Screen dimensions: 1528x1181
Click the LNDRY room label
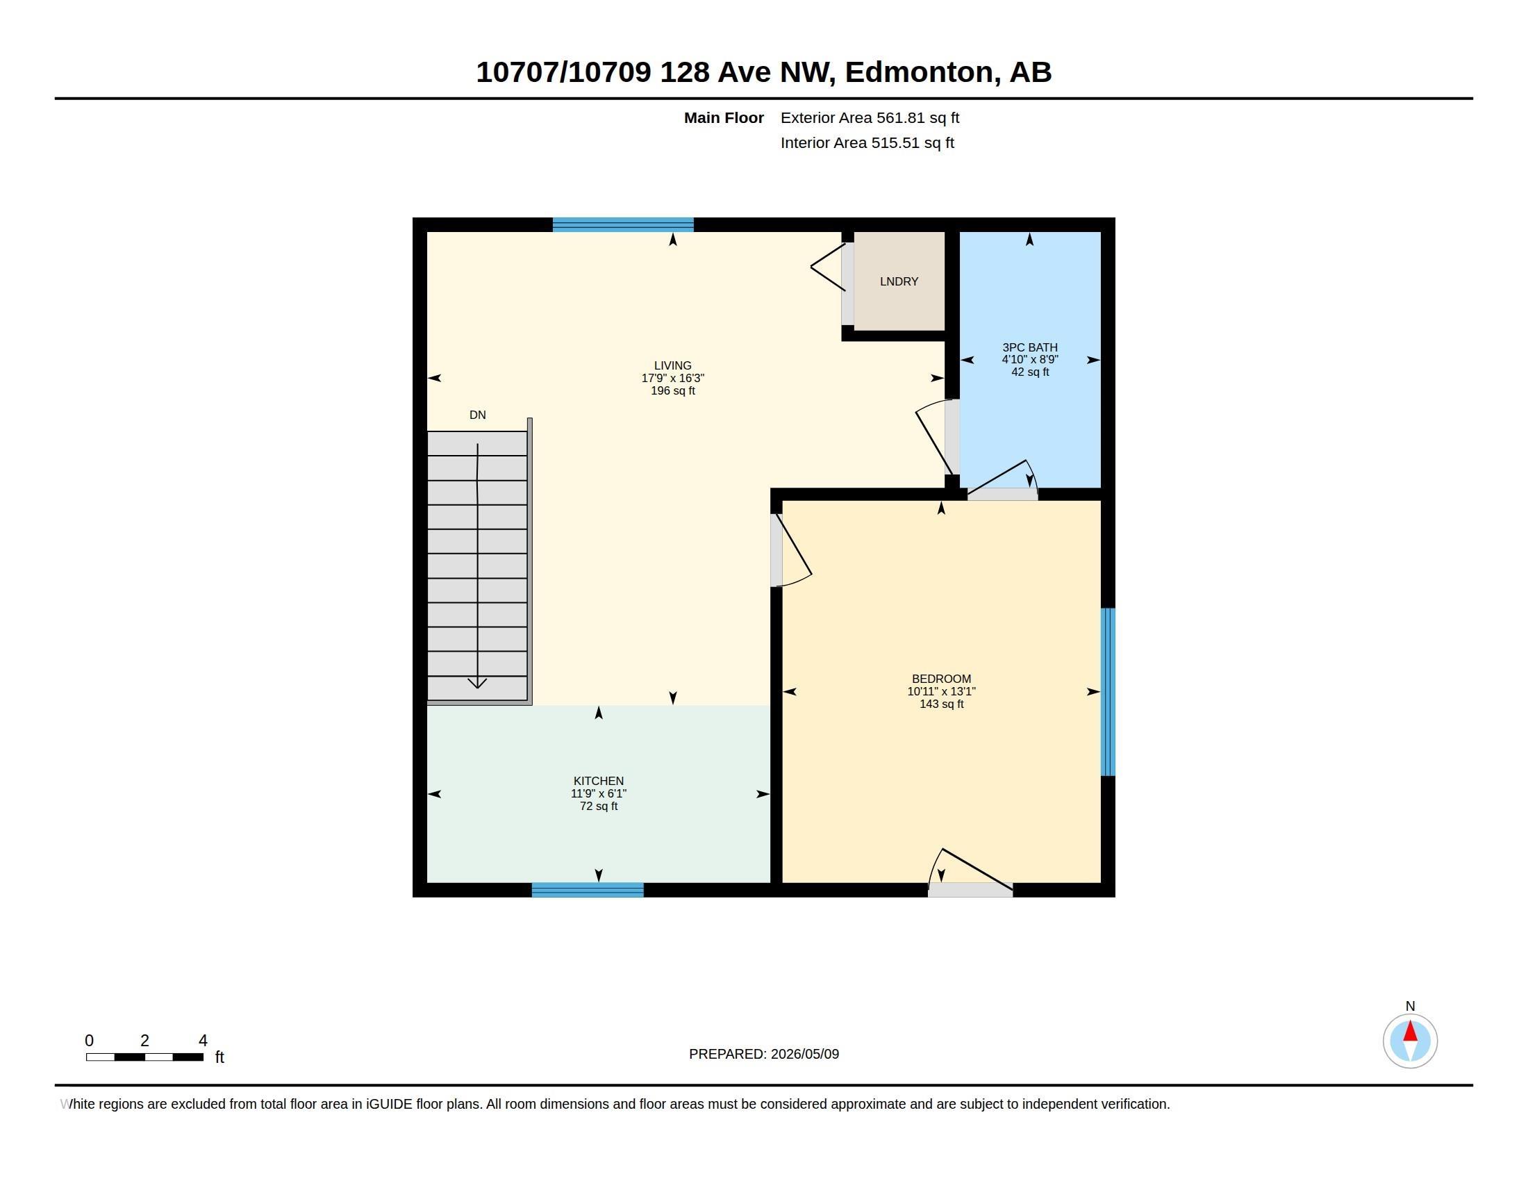(x=899, y=281)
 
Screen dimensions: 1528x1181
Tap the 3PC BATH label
(x=1030, y=347)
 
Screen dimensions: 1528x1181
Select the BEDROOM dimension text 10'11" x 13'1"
(x=941, y=691)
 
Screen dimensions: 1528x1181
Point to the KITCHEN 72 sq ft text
(x=599, y=806)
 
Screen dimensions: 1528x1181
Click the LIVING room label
(x=672, y=365)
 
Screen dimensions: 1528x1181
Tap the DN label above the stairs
(x=478, y=415)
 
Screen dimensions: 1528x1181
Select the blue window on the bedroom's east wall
(x=1108, y=692)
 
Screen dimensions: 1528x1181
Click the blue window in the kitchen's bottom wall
(x=588, y=890)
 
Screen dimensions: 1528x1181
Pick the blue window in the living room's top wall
(x=624, y=224)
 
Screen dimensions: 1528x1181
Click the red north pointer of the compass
(x=1411, y=1031)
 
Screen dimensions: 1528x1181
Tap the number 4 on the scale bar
(x=203, y=1041)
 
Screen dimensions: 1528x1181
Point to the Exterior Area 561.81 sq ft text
(x=870, y=117)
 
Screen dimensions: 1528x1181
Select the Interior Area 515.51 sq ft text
(x=867, y=142)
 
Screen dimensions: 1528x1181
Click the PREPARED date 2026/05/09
(x=804, y=1054)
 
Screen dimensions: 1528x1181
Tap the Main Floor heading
(x=724, y=117)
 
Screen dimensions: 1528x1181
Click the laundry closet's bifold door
(x=829, y=267)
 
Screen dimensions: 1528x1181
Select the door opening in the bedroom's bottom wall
(x=970, y=890)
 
